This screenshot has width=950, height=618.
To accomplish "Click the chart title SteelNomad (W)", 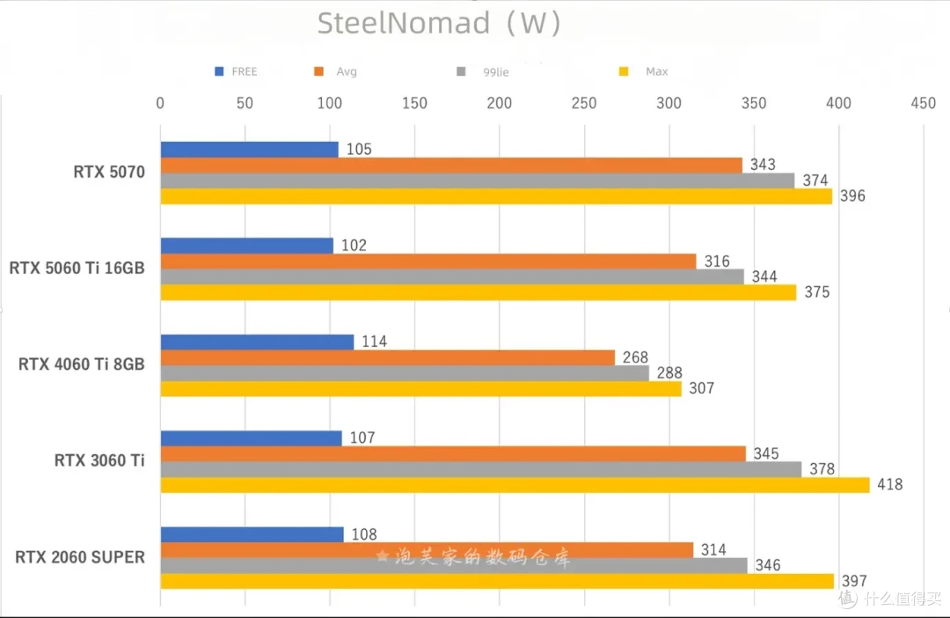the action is pyautogui.click(x=439, y=24).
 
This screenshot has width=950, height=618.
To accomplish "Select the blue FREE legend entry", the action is pyautogui.click(x=237, y=71).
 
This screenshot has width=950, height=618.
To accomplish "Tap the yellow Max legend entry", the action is pyautogui.click(x=643, y=71).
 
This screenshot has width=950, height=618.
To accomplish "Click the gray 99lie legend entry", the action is pyautogui.click(x=483, y=71).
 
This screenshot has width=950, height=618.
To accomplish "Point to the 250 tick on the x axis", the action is pyautogui.click(x=584, y=103).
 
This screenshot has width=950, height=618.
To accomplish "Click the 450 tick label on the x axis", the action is pyautogui.click(x=924, y=103).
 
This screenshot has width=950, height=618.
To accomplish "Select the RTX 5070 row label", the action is pyautogui.click(x=109, y=173).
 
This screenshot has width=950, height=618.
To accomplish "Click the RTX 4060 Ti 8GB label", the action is pyautogui.click(x=81, y=364).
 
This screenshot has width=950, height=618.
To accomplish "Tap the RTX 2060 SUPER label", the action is pyautogui.click(x=80, y=557).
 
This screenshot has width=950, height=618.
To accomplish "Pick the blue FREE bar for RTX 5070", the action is pyautogui.click(x=250, y=149).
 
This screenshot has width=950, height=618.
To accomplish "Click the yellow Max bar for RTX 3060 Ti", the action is pyautogui.click(x=515, y=485).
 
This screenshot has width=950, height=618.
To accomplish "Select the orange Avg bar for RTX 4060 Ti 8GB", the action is pyautogui.click(x=388, y=357).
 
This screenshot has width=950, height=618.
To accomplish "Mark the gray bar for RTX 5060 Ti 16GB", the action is pyautogui.click(x=452, y=276).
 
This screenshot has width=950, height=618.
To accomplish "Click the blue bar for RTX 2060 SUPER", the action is pyautogui.click(x=252, y=534).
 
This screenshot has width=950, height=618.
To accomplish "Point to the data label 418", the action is pyautogui.click(x=889, y=484).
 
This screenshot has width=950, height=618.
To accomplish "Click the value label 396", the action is pyautogui.click(x=852, y=196).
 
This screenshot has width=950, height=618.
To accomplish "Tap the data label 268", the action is pyautogui.click(x=635, y=357).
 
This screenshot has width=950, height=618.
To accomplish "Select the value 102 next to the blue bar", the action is pyautogui.click(x=354, y=245).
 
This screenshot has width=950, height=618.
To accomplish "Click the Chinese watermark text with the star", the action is pyautogui.click(x=473, y=556).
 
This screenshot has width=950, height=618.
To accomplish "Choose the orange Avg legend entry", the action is pyautogui.click(x=336, y=71).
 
